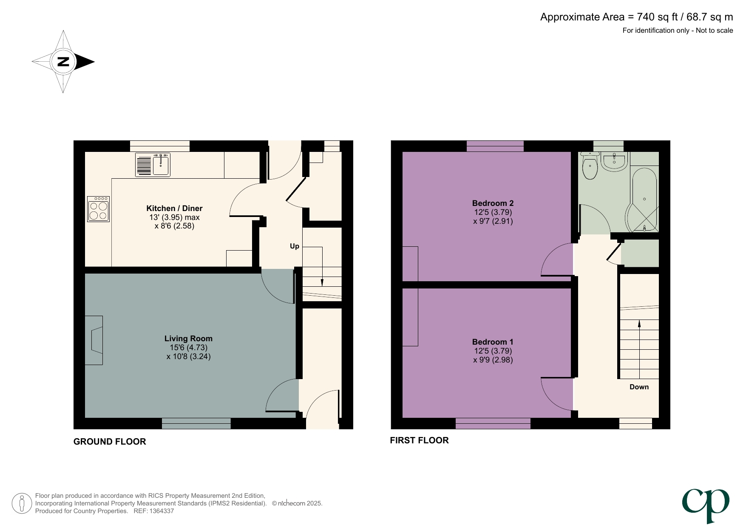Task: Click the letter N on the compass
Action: pos(63,62)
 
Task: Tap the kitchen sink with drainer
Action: pos(153,165)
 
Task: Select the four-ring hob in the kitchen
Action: pos(98,209)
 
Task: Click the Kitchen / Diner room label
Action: pos(174,208)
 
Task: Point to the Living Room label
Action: pos(188,338)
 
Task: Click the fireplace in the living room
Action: pos(94,340)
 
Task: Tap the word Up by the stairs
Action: pos(294,246)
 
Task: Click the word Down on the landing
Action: pos(639,387)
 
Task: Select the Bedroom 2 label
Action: pos(493,203)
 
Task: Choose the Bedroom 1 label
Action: pos(493,342)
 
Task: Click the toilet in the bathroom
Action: pos(590,167)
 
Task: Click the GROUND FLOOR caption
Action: pos(110,442)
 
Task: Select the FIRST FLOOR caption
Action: pos(419,440)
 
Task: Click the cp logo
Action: pos(706,505)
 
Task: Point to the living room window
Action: pos(196,423)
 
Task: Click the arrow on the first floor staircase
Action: pos(639,325)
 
